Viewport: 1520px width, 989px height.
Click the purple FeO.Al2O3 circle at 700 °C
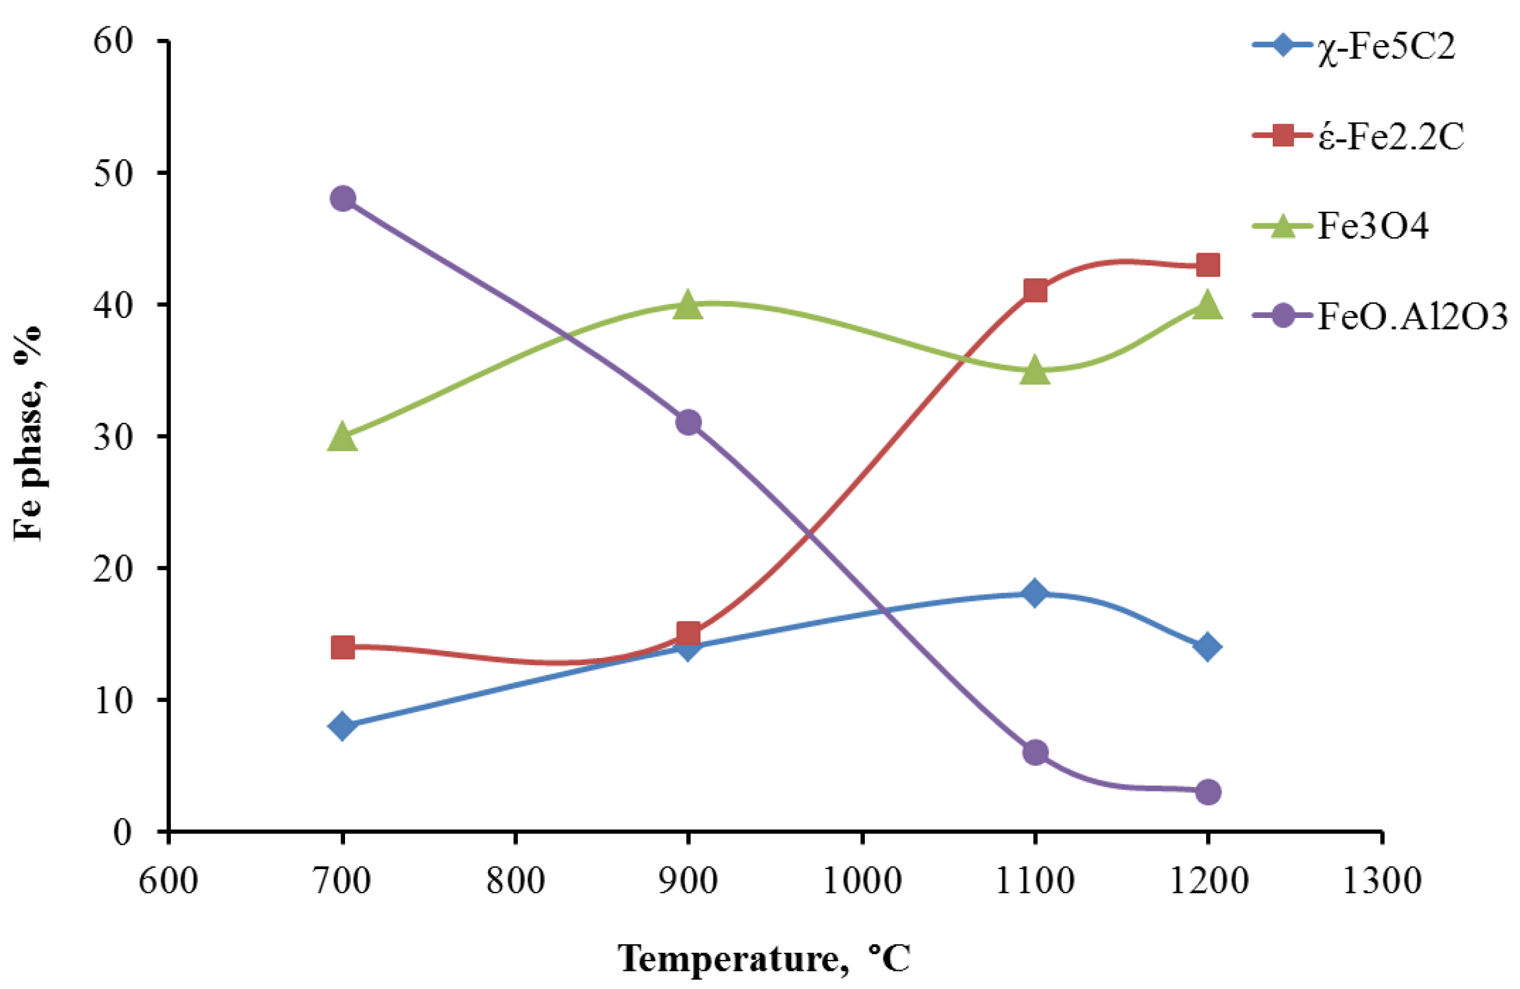pyautogui.click(x=342, y=198)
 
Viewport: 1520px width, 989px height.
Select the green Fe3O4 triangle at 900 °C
pyautogui.click(x=687, y=304)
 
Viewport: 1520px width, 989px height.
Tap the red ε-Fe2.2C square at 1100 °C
pyautogui.click(x=1035, y=291)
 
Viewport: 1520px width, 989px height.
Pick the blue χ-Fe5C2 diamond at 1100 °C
pyautogui.click(x=1034, y=593)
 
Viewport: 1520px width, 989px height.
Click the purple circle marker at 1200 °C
pyautogui.click(x=1208, y=791)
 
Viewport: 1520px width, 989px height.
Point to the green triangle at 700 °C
pyautogui.click(x=342, y=437)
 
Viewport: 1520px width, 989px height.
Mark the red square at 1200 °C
pyautogui.click(x=1208, y=265)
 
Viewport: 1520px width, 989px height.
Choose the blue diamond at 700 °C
pyautogui.click(x=342, y=726)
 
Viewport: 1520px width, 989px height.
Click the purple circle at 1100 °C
pyautogui.click(x=1035, y=753)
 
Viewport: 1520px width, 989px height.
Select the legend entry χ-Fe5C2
pyautogui.click(x=1385, y=47)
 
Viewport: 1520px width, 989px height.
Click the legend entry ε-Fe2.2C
pyautogui.click(x=1390, y=137)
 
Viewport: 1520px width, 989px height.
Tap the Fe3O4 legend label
pyautogui.click(x=1372, y=227)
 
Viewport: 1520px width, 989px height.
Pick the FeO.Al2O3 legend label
pyautogui.click(x=1412, y=317)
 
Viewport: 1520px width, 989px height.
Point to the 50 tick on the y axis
pyautogui.click(x=113, y=173)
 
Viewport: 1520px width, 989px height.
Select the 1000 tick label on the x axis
pyautogui.click(x=862, y=881)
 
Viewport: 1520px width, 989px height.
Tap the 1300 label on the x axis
pyautogui.click(x=1381, y=881)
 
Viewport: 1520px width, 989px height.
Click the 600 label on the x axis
pyautogui.click(x=168, y=881)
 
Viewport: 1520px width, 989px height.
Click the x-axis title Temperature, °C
pyautogui.click(x=764, y=959)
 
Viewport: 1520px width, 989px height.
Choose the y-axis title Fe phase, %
pyautogui.click(x=28, y=433)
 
